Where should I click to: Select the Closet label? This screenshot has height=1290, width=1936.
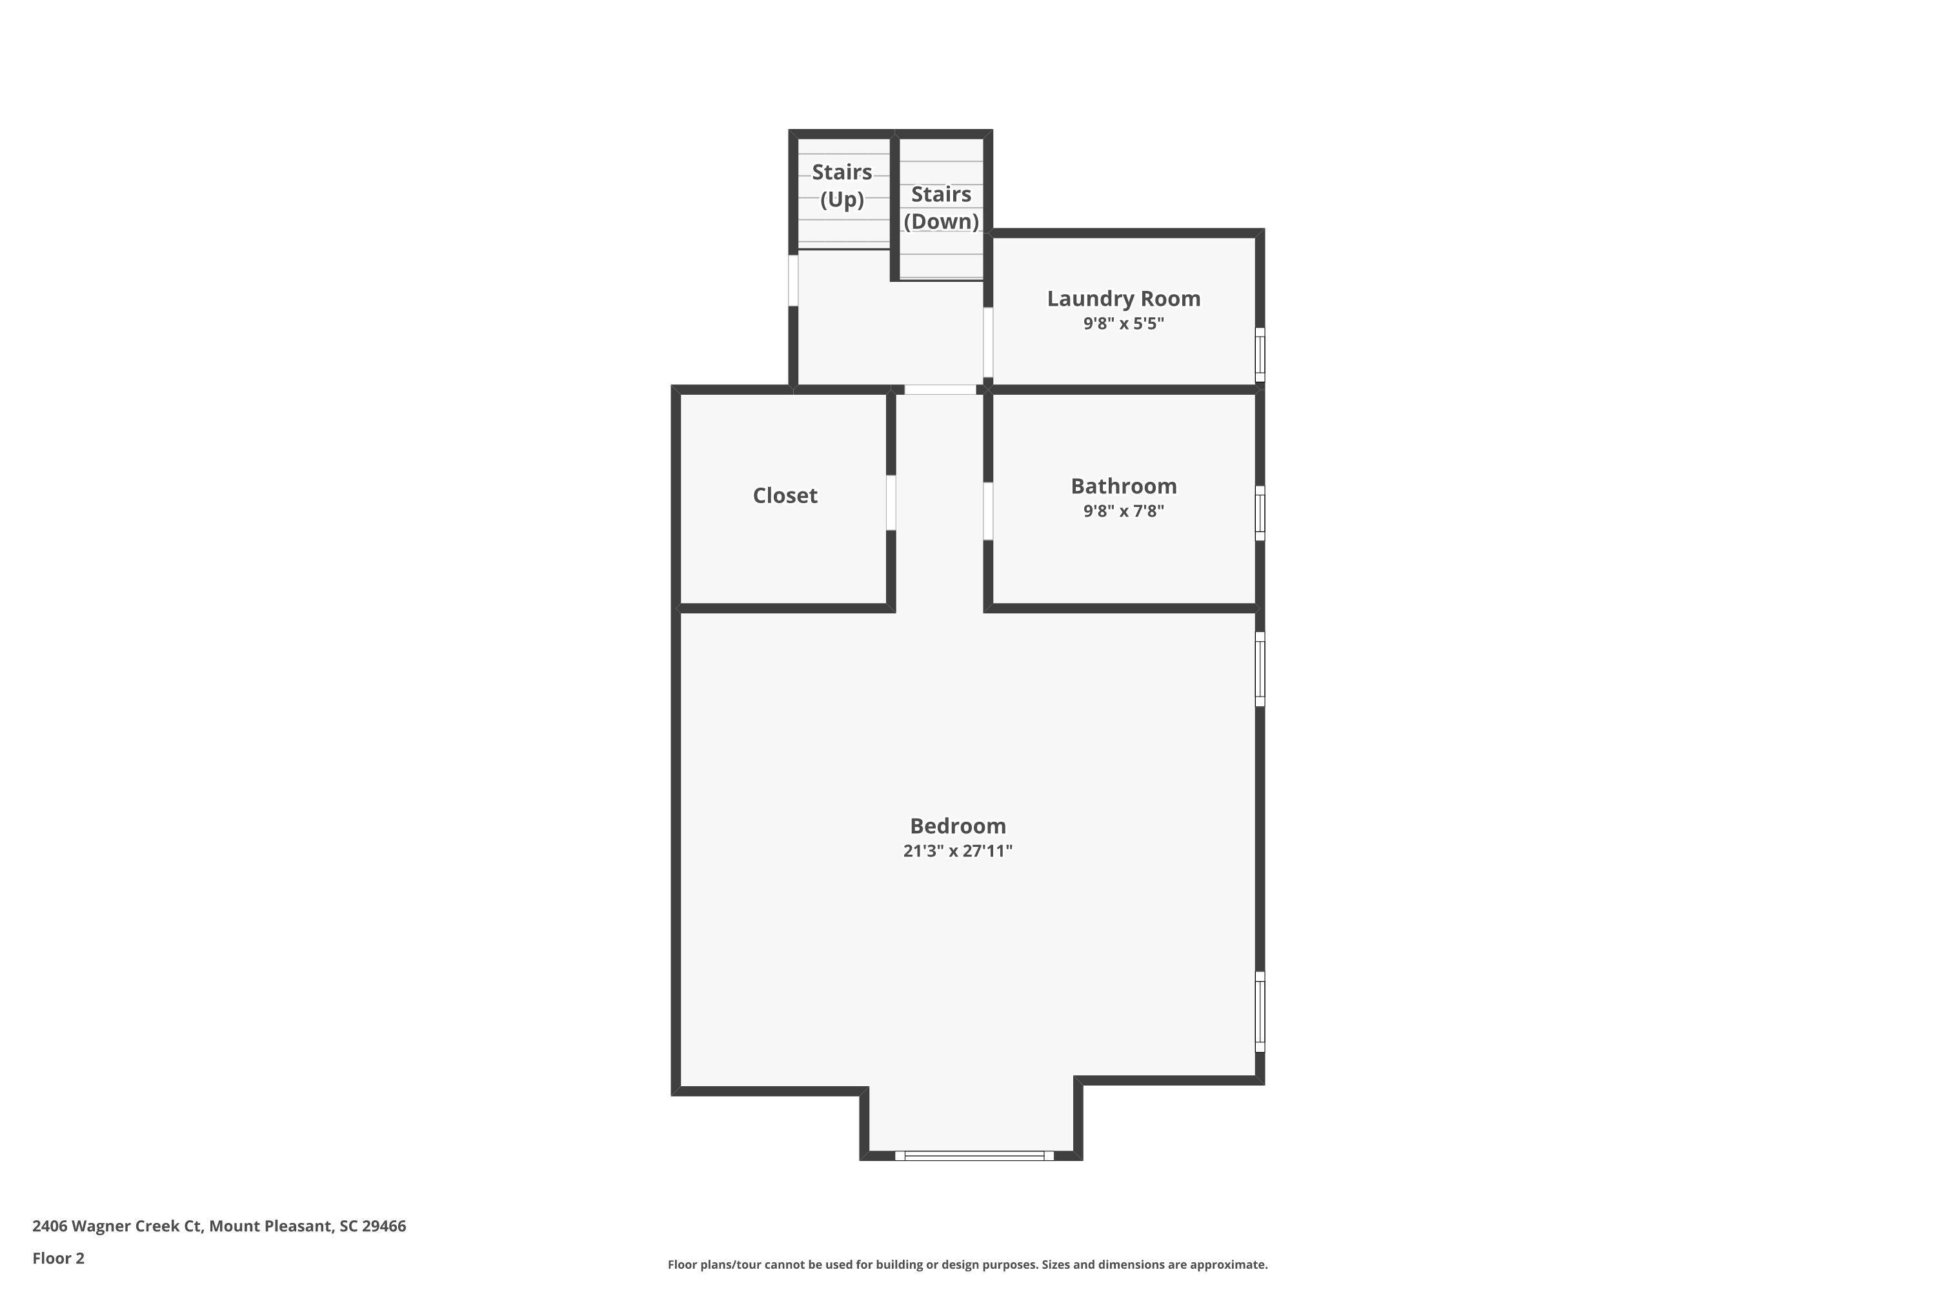[x=785, y=495]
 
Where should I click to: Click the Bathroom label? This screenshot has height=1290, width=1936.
[x=1123, y=486]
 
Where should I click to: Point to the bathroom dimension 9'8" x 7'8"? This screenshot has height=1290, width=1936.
[x=1123, y=511]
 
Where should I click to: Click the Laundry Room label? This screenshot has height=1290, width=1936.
[x=1123, y=299]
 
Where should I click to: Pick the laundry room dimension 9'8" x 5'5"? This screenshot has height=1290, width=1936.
[x=1123, y=323]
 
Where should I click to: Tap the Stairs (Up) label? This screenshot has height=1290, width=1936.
[x=842, y=185]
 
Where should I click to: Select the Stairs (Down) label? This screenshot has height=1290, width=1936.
[x=941, y=207]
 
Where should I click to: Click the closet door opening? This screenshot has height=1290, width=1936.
[x=891, y=502]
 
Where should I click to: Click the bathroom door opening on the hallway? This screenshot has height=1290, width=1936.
[x=988, y=511]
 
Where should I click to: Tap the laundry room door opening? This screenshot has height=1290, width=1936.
[x=988, y=342]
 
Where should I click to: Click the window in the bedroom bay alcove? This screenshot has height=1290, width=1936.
[x=974, y=1156]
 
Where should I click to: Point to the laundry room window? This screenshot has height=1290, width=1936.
[x=1260, y=355]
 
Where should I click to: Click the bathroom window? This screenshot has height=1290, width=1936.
[x=1260, y=513]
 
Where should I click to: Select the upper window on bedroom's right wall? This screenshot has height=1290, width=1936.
[x=1260, y=669]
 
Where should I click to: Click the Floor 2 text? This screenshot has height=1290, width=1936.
[x=59, y=1258]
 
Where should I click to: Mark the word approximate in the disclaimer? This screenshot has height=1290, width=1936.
[x=1225, y=1264]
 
